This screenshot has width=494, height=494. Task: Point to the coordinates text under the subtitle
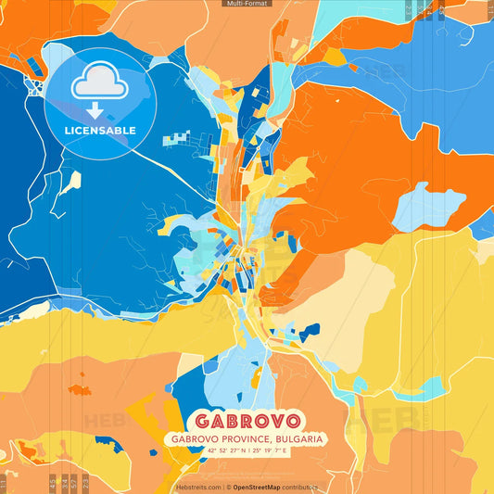click(247, 452)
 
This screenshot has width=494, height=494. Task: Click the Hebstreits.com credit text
click(198, 486)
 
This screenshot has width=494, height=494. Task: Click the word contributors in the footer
click(306, 486)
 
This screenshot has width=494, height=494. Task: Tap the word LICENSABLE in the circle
click(100, 131)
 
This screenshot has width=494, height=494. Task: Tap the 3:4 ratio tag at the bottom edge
click(63, 482)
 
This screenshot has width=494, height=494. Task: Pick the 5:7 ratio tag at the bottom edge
click(74, 482)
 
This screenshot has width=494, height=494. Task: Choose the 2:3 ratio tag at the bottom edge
click(85, 482)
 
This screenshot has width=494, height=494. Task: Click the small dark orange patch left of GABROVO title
click(79, 378)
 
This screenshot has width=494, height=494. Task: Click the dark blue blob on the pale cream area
click(308, 329)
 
